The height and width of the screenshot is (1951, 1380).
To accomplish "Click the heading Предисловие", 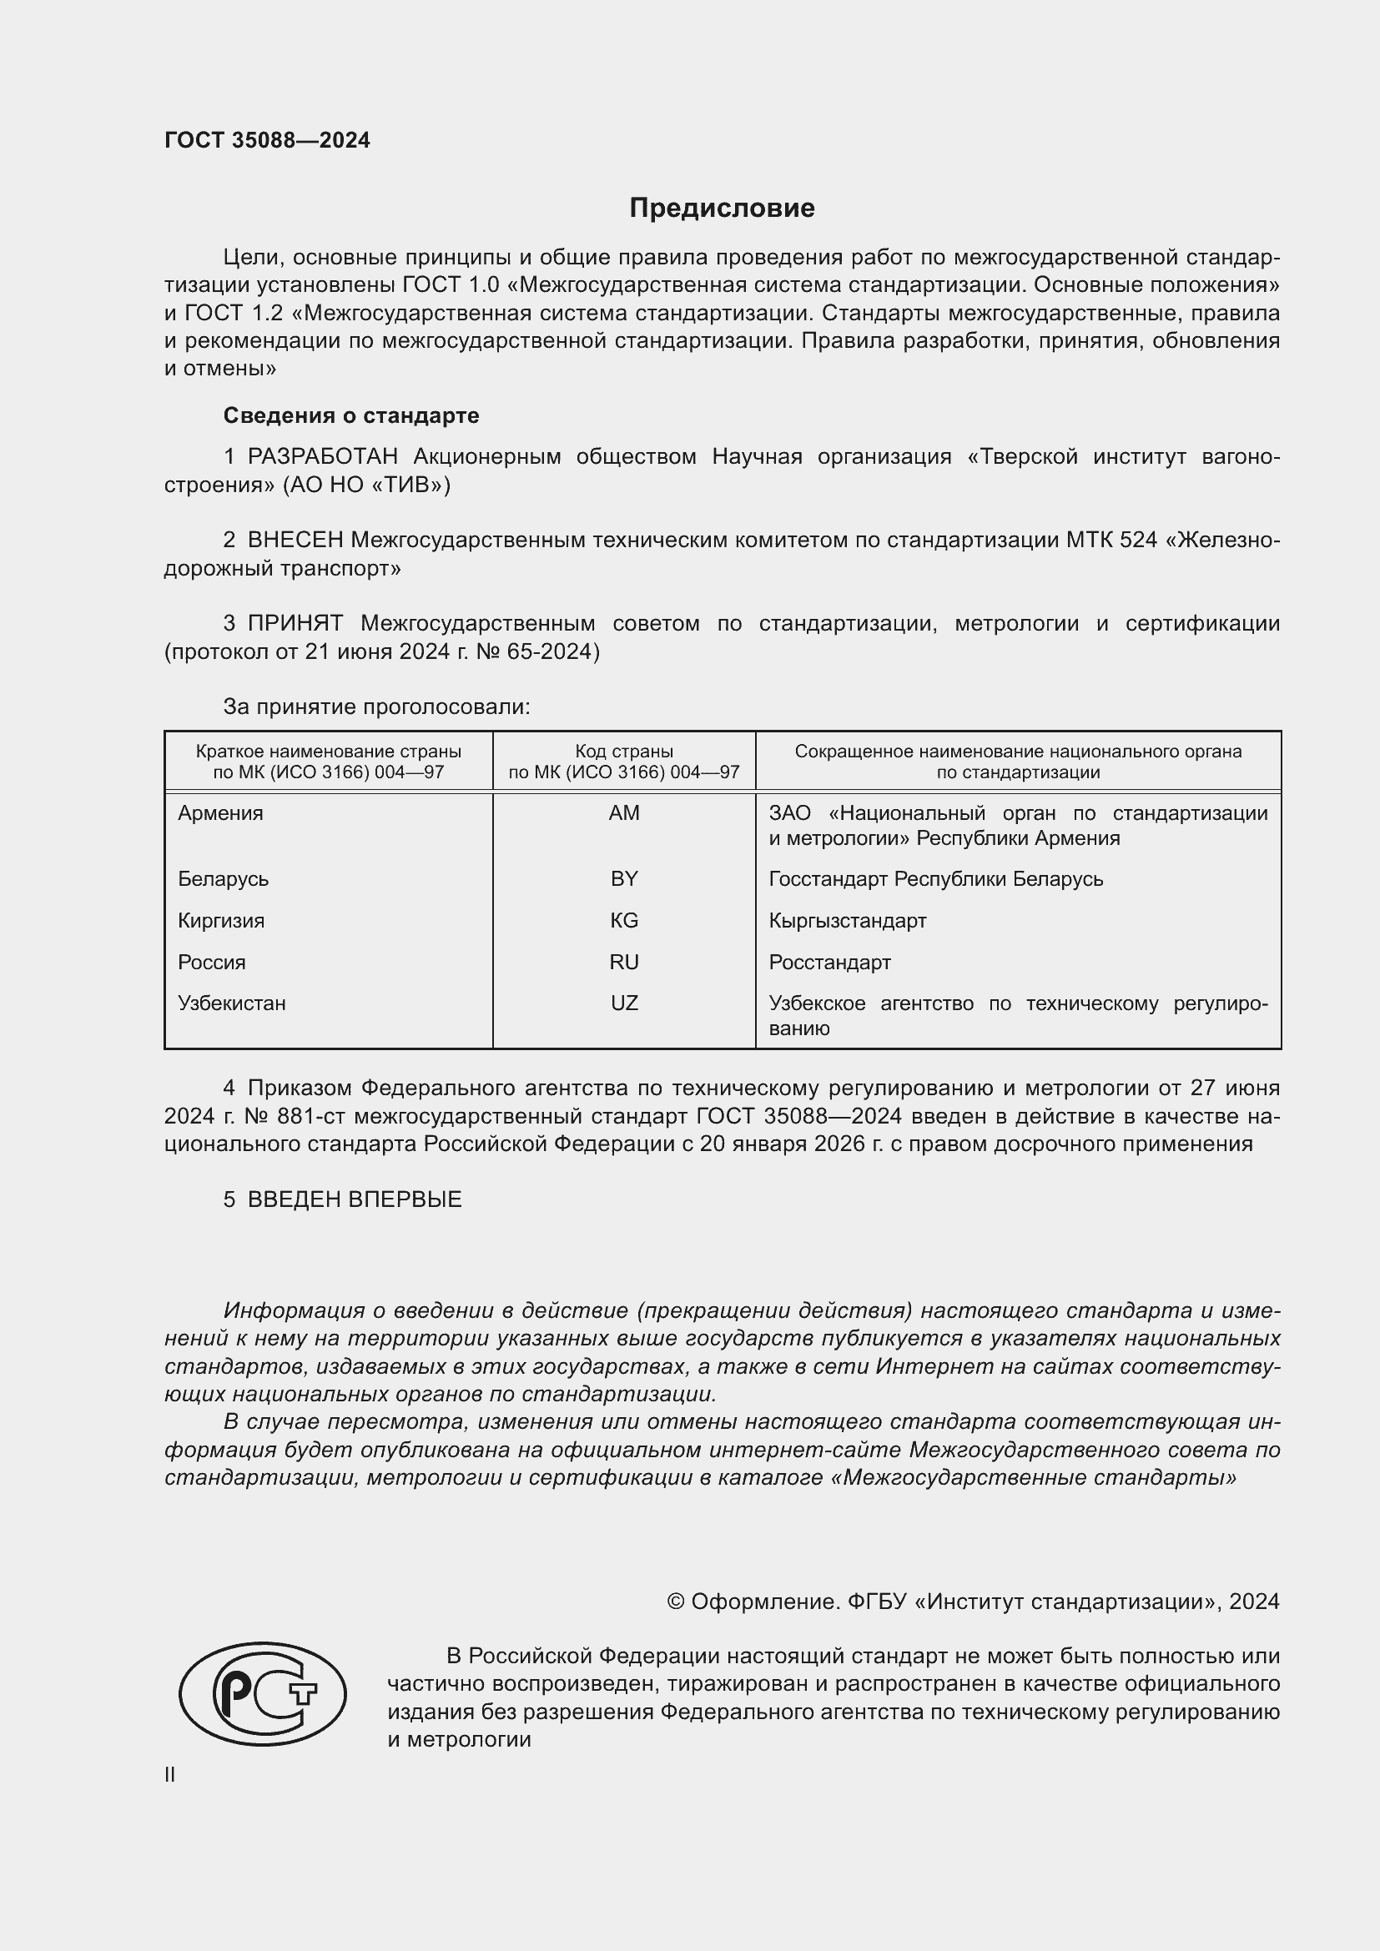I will click(x=722, y=209).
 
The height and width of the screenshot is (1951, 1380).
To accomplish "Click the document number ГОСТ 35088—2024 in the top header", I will click(x=267, y=140).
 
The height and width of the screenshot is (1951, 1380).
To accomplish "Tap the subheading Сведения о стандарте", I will click(x=351, y=415).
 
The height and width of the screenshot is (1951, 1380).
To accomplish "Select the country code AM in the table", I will click(x=624, y=813).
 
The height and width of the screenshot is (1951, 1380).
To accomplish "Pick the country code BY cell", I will click(x=624, y=878).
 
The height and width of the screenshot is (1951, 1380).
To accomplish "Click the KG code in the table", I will click(x=624, y=920).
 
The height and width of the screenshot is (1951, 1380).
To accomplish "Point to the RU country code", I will click(x=624, y=962).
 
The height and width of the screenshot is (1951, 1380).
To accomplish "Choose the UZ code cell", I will click(x=624, y=1003).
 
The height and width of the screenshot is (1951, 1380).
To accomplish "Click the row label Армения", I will click(x=220, y=813).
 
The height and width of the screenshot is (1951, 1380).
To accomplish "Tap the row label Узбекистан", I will click(x=231, y=1003).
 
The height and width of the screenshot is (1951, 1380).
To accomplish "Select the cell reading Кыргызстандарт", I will click(x=847, y=920).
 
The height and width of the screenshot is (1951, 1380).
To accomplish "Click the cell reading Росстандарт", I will click(x=829, y=962).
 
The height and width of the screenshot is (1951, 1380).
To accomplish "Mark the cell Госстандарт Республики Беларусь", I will click(x=935, y=878).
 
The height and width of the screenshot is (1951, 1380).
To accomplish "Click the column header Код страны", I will click(x=624, y=752).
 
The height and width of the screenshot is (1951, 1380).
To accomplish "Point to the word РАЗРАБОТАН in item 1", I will click(x=322, y=456).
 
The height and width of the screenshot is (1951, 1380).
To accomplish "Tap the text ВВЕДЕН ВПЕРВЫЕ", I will click(x=355, y=1199).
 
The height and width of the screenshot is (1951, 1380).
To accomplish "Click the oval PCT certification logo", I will click(x=263, y=1693).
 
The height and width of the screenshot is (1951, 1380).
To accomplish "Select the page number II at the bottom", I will click(x=169, y=1774).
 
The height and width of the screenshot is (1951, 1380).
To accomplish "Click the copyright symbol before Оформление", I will click(x=676, y=1602).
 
